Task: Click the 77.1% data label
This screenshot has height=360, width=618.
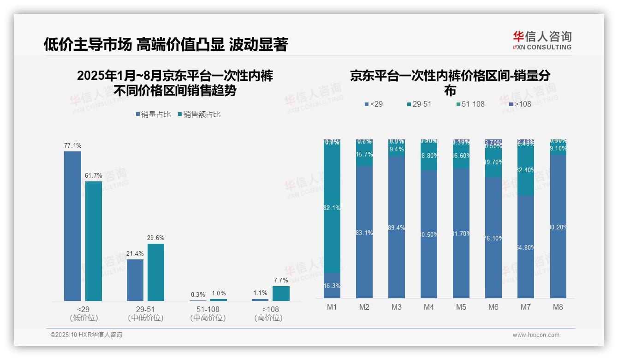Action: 73,146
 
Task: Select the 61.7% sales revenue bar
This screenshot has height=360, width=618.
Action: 94,240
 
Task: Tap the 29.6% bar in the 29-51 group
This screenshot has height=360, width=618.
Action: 156,272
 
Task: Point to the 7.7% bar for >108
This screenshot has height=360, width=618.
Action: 281,294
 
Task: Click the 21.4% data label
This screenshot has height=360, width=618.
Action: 135,254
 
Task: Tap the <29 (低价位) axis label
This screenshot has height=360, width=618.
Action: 83,313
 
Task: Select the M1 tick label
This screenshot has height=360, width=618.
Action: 332,307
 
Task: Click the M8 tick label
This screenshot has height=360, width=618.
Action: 558,307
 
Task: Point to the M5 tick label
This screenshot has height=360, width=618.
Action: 461,307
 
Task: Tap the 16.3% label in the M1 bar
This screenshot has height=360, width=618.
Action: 332,286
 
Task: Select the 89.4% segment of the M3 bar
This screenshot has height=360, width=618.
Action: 397,227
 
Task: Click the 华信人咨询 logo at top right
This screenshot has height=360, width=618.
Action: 542,40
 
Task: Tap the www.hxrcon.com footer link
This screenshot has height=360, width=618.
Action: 536,335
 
